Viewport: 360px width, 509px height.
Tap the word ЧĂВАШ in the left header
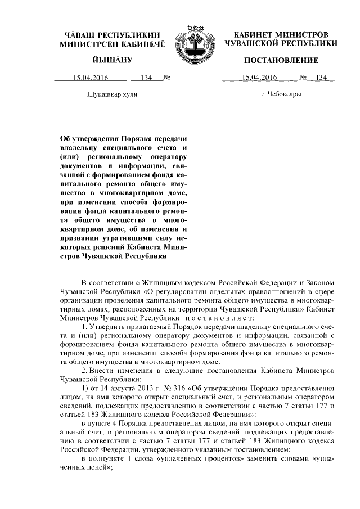click(84, 35)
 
